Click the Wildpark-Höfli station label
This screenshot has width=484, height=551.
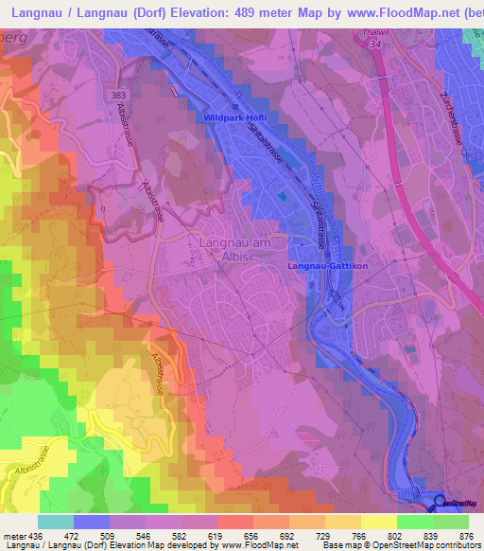(x=235, y=116)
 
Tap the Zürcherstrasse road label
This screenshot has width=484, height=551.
(x=457, y=122)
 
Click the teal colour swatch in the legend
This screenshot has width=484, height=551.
(x=56, y=522)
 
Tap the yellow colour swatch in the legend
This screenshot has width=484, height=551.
(x=378, y=522)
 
